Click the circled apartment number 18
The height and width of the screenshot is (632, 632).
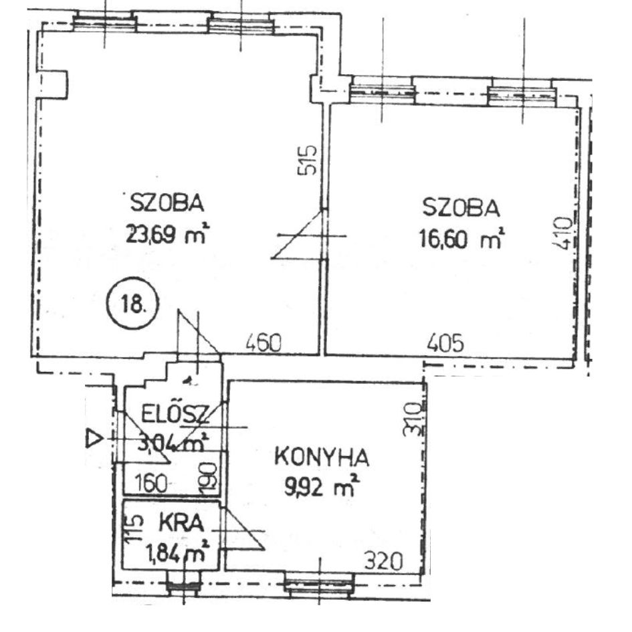[x=132, y=302]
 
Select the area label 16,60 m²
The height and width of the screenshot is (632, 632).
[x=462, y=239]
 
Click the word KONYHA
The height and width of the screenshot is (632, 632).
[x=322, y=457]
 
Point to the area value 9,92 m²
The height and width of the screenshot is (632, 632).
[x=322, y=486]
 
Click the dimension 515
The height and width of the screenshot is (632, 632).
[x=307, y=160]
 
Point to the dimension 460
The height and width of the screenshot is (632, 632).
[x=264, y=344]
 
